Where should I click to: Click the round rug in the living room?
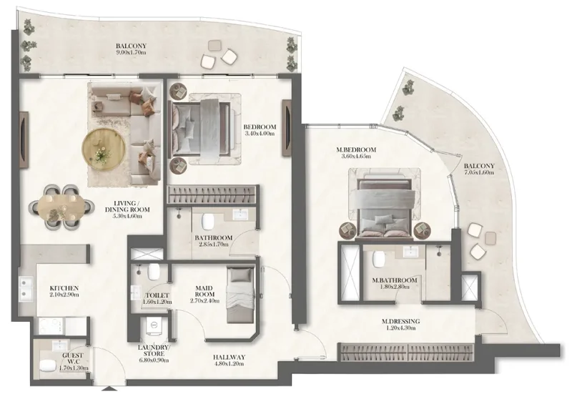point(105,148)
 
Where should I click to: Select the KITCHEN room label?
point(64,288)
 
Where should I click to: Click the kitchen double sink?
point(29,289)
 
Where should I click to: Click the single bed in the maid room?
point(240,295)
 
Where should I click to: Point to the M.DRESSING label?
point(400,322)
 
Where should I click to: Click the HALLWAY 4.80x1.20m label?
point(230,357)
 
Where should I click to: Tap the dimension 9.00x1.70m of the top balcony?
point(132,53)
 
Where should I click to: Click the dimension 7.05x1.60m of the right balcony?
point(478,172)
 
